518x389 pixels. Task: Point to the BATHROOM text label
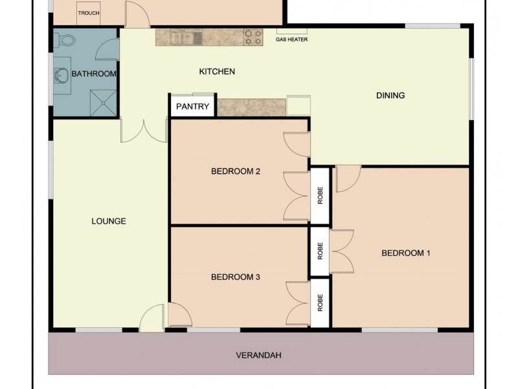[94, 74]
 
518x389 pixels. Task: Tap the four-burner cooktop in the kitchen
[253, 38]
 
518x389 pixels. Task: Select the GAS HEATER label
[291, 40]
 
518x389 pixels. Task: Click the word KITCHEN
[216, 71]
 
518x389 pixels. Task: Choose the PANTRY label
[193, 106]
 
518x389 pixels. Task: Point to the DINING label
[390, 95]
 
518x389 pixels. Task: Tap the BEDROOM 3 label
[236, 277]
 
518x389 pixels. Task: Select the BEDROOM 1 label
[406, 253]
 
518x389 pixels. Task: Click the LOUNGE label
[108, 221]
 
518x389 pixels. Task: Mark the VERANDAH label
[259, 355]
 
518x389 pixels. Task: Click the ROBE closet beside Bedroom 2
[320, 195]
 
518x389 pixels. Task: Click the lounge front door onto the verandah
[151, 319]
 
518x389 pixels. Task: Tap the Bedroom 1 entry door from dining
[346, 178]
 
